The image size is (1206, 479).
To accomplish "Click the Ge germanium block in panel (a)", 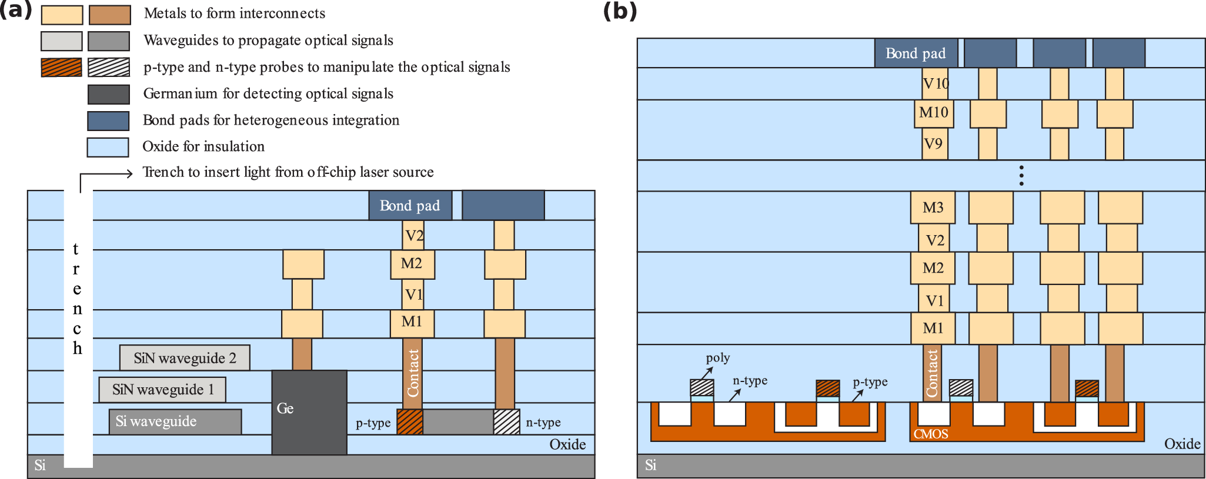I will [309, 412].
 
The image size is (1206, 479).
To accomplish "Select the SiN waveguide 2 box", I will [185, 358].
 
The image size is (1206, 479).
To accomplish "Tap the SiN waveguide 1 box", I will [162, 390].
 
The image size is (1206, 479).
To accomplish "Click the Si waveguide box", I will [175, 422].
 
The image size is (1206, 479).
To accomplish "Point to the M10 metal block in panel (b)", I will [933, 113].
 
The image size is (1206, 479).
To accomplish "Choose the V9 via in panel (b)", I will [933, 144].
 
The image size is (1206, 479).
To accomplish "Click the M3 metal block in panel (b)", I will [933, 207].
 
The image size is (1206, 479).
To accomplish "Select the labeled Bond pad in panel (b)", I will [916, 53].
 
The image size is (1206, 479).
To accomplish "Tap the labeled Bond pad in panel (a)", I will [410, 206].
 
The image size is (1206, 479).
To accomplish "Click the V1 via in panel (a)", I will [413, 294].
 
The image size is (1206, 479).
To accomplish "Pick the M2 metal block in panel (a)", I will [412, 264].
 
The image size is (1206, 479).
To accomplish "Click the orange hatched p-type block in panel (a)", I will [410, 422].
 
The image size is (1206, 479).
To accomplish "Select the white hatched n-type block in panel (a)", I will [506, 422].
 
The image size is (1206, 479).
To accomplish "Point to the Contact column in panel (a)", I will [413, 373].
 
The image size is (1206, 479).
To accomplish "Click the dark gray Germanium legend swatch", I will [108, 94].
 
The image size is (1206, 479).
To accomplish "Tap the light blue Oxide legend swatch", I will [108, 147].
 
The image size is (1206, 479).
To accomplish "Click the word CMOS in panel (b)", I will [930, 434].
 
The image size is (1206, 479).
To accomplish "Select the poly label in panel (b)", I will [717, 358].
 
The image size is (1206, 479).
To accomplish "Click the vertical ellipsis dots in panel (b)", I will [1021, 176].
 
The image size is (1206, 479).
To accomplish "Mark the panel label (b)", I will [620, 12].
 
